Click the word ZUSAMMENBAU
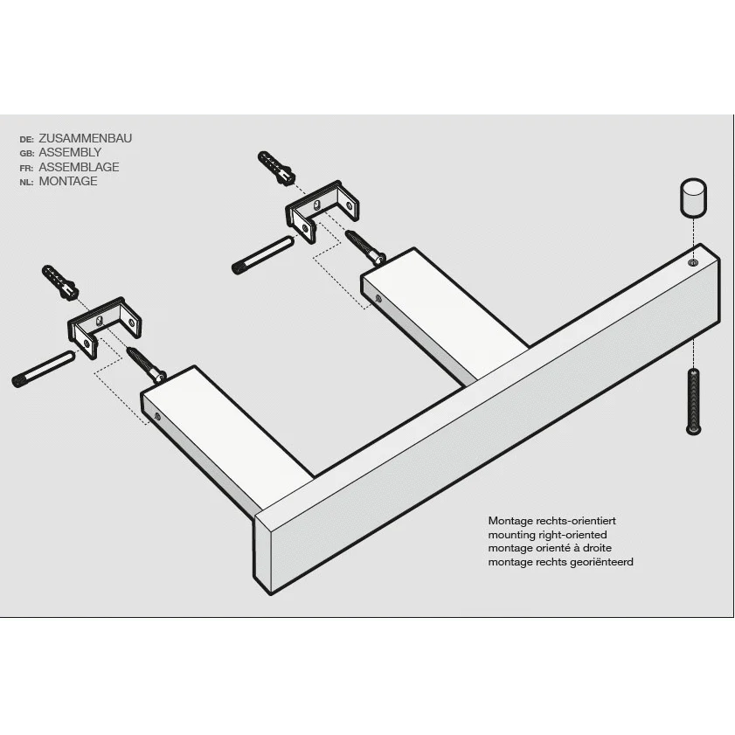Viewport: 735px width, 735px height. tap(86, 138)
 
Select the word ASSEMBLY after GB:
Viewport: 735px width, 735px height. tap(70, 152)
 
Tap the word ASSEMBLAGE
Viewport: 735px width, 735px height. tap(79, 167)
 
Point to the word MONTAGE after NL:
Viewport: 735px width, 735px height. tap(68, 181)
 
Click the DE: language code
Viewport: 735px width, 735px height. tap(27, 139)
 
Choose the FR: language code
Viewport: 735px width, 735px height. tap(27, 168)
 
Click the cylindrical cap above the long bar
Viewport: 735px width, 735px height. tap(693, 198)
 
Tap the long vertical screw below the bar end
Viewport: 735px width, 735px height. tap(693, 401)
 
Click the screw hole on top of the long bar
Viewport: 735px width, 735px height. tap(693, 262)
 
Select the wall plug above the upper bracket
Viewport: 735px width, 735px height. tap(276, 169)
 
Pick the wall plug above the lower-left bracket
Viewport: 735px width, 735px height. tap(59, 282)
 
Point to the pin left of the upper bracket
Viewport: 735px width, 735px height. tap(263, 255)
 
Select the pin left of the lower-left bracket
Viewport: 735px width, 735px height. tap(43, 370)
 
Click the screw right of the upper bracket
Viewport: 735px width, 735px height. tap(365, 247)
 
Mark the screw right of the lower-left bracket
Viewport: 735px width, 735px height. tap(146, 364)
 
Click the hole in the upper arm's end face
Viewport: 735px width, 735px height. tap(378, 299)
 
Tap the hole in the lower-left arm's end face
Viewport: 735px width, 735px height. tap(157, 416)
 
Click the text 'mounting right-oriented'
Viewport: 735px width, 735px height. tap(547, 535)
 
